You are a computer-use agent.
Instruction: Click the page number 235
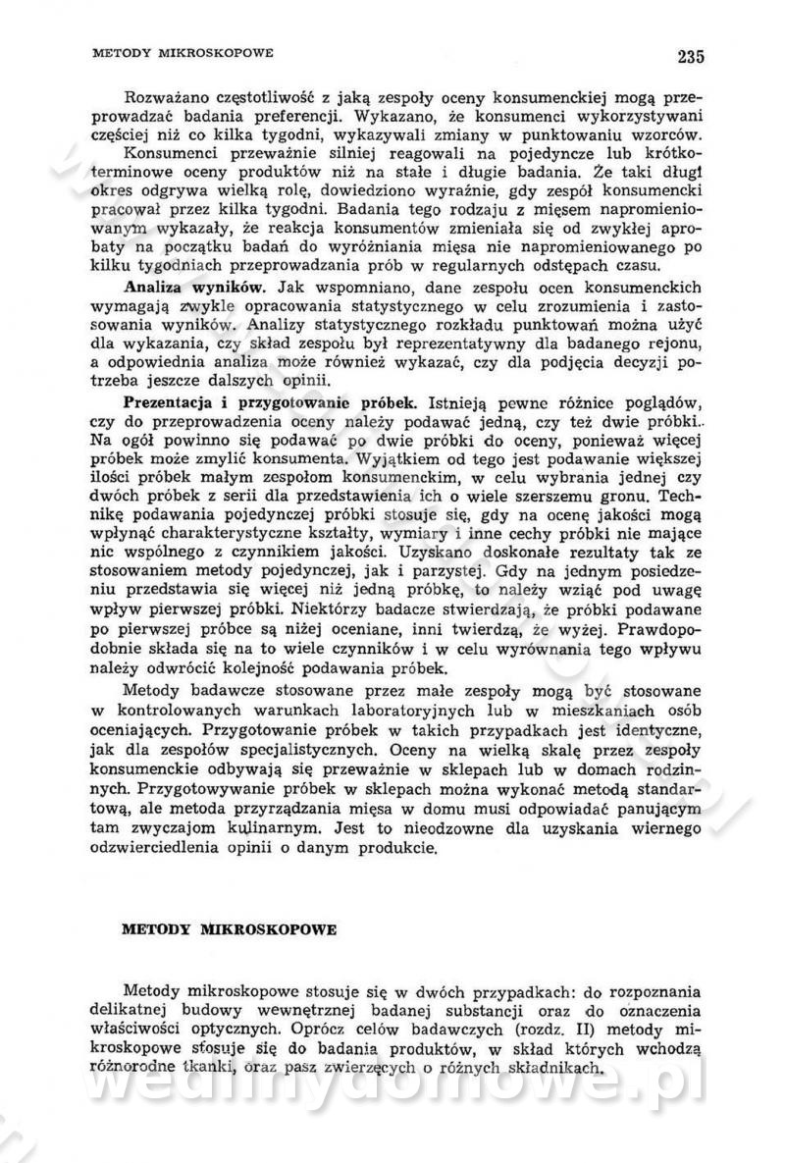coord(690,56)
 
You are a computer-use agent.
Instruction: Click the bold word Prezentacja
coord(169,402)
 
